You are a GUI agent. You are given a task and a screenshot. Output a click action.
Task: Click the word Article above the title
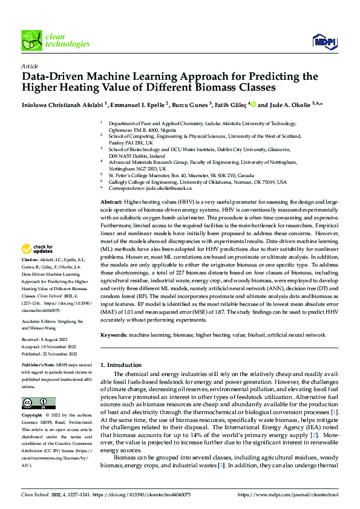(x=29, y=65)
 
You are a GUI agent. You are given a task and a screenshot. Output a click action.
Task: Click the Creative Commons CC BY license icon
(x=38, y=403)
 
